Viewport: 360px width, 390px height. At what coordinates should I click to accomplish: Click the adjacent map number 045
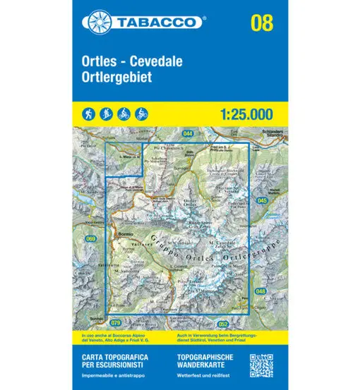click(x=262, y=202)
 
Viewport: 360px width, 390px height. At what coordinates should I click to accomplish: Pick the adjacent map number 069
click(x=90, y=239)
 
